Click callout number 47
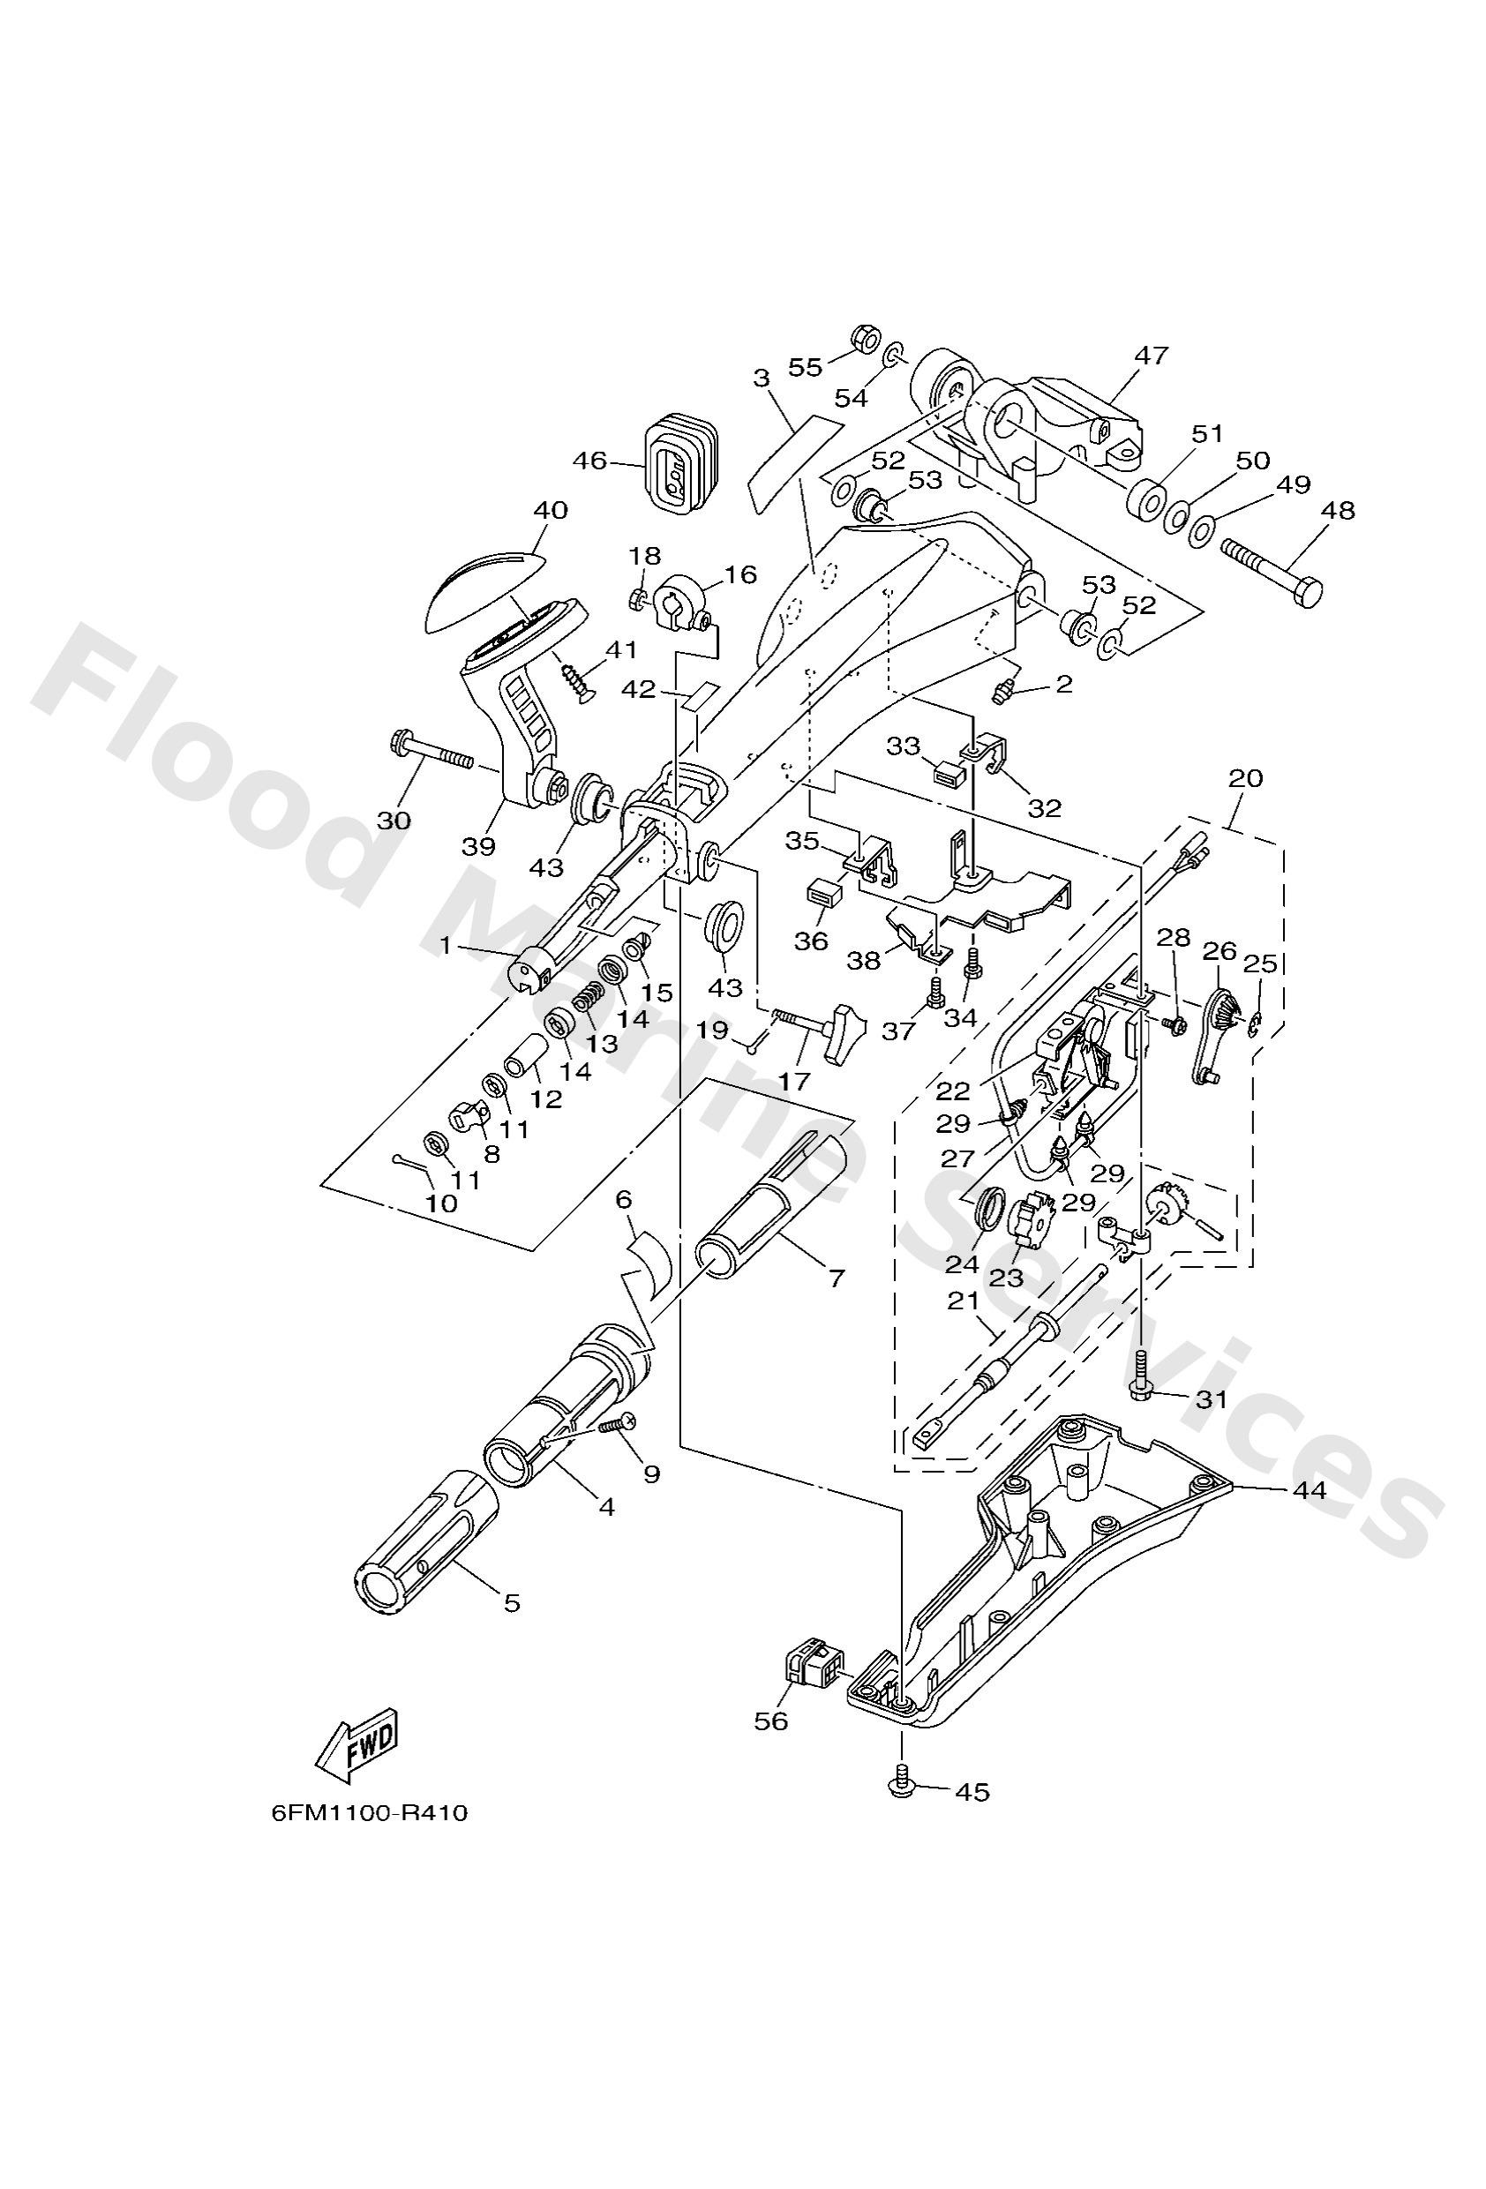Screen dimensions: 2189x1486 point(1151,356)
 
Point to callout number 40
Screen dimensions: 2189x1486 point(551,511)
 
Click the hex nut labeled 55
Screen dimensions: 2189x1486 point(863,337)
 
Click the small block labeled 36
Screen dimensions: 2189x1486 point(822,892)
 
